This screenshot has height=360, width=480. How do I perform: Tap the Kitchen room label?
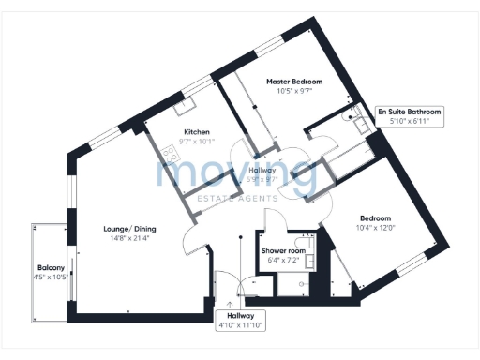pyautogui.click(x=196, y=132)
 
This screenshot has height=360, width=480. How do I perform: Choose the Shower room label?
pyautogui.click(x=281, y=249)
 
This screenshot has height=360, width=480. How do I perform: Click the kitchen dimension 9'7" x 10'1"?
pyautogui.click(x=196, y=142)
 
